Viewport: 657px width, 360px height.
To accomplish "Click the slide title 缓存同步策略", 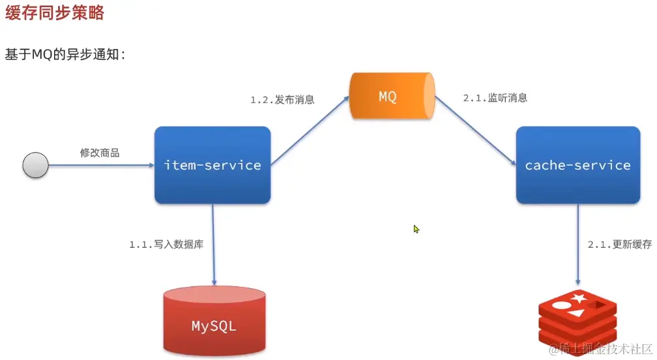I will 55,12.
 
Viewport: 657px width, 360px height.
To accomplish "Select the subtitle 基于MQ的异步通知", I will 65,55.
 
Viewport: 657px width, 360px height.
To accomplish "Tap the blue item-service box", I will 212,165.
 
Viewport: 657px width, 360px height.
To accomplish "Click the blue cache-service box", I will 577,165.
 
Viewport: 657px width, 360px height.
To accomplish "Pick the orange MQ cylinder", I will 391,97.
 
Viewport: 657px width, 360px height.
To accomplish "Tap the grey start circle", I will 36,165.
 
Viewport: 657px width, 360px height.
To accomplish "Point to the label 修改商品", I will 100,153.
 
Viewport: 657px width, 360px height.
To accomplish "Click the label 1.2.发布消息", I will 282,100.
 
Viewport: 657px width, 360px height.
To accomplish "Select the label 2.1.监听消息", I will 495,98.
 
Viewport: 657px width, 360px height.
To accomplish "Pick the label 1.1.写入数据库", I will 166,245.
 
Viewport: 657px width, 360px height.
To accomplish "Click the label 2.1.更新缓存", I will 619,245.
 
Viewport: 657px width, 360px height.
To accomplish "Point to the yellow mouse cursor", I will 416,229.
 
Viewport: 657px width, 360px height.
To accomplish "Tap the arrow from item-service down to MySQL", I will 213,241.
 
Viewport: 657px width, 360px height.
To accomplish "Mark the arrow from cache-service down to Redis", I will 577,241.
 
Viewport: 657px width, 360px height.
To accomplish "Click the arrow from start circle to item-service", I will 101,165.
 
